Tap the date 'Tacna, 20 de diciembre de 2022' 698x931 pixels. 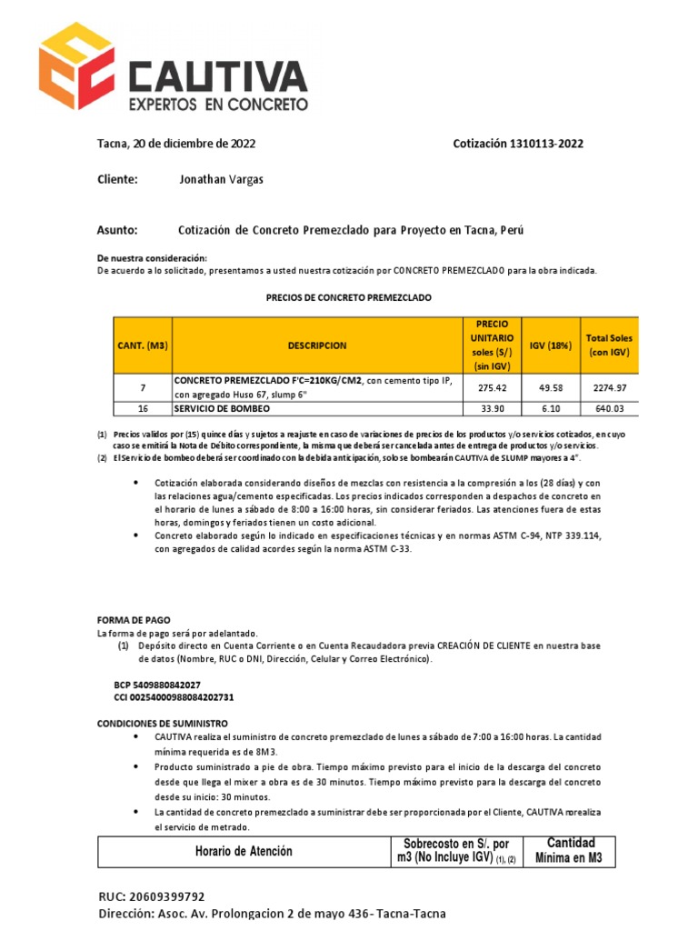pos(176,144)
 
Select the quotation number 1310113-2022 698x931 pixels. pos(518,144)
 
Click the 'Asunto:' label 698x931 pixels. pos(117,230)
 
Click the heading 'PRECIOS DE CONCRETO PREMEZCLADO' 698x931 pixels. pos(348,297)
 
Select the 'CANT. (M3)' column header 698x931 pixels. pos(143,345)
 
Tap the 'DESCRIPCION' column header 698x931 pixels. pos(317,345)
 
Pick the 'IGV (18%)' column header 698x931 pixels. pos(551,345)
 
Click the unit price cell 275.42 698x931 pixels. pos(491,387)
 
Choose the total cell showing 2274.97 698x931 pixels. pos(609,387)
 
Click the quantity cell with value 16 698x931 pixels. pos(143,408)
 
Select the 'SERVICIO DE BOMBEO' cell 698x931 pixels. pos(222,408)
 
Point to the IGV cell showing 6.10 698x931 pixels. pos(551,408)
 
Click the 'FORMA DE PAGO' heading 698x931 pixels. pos(134,620)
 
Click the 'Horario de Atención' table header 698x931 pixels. pos(244,852)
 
